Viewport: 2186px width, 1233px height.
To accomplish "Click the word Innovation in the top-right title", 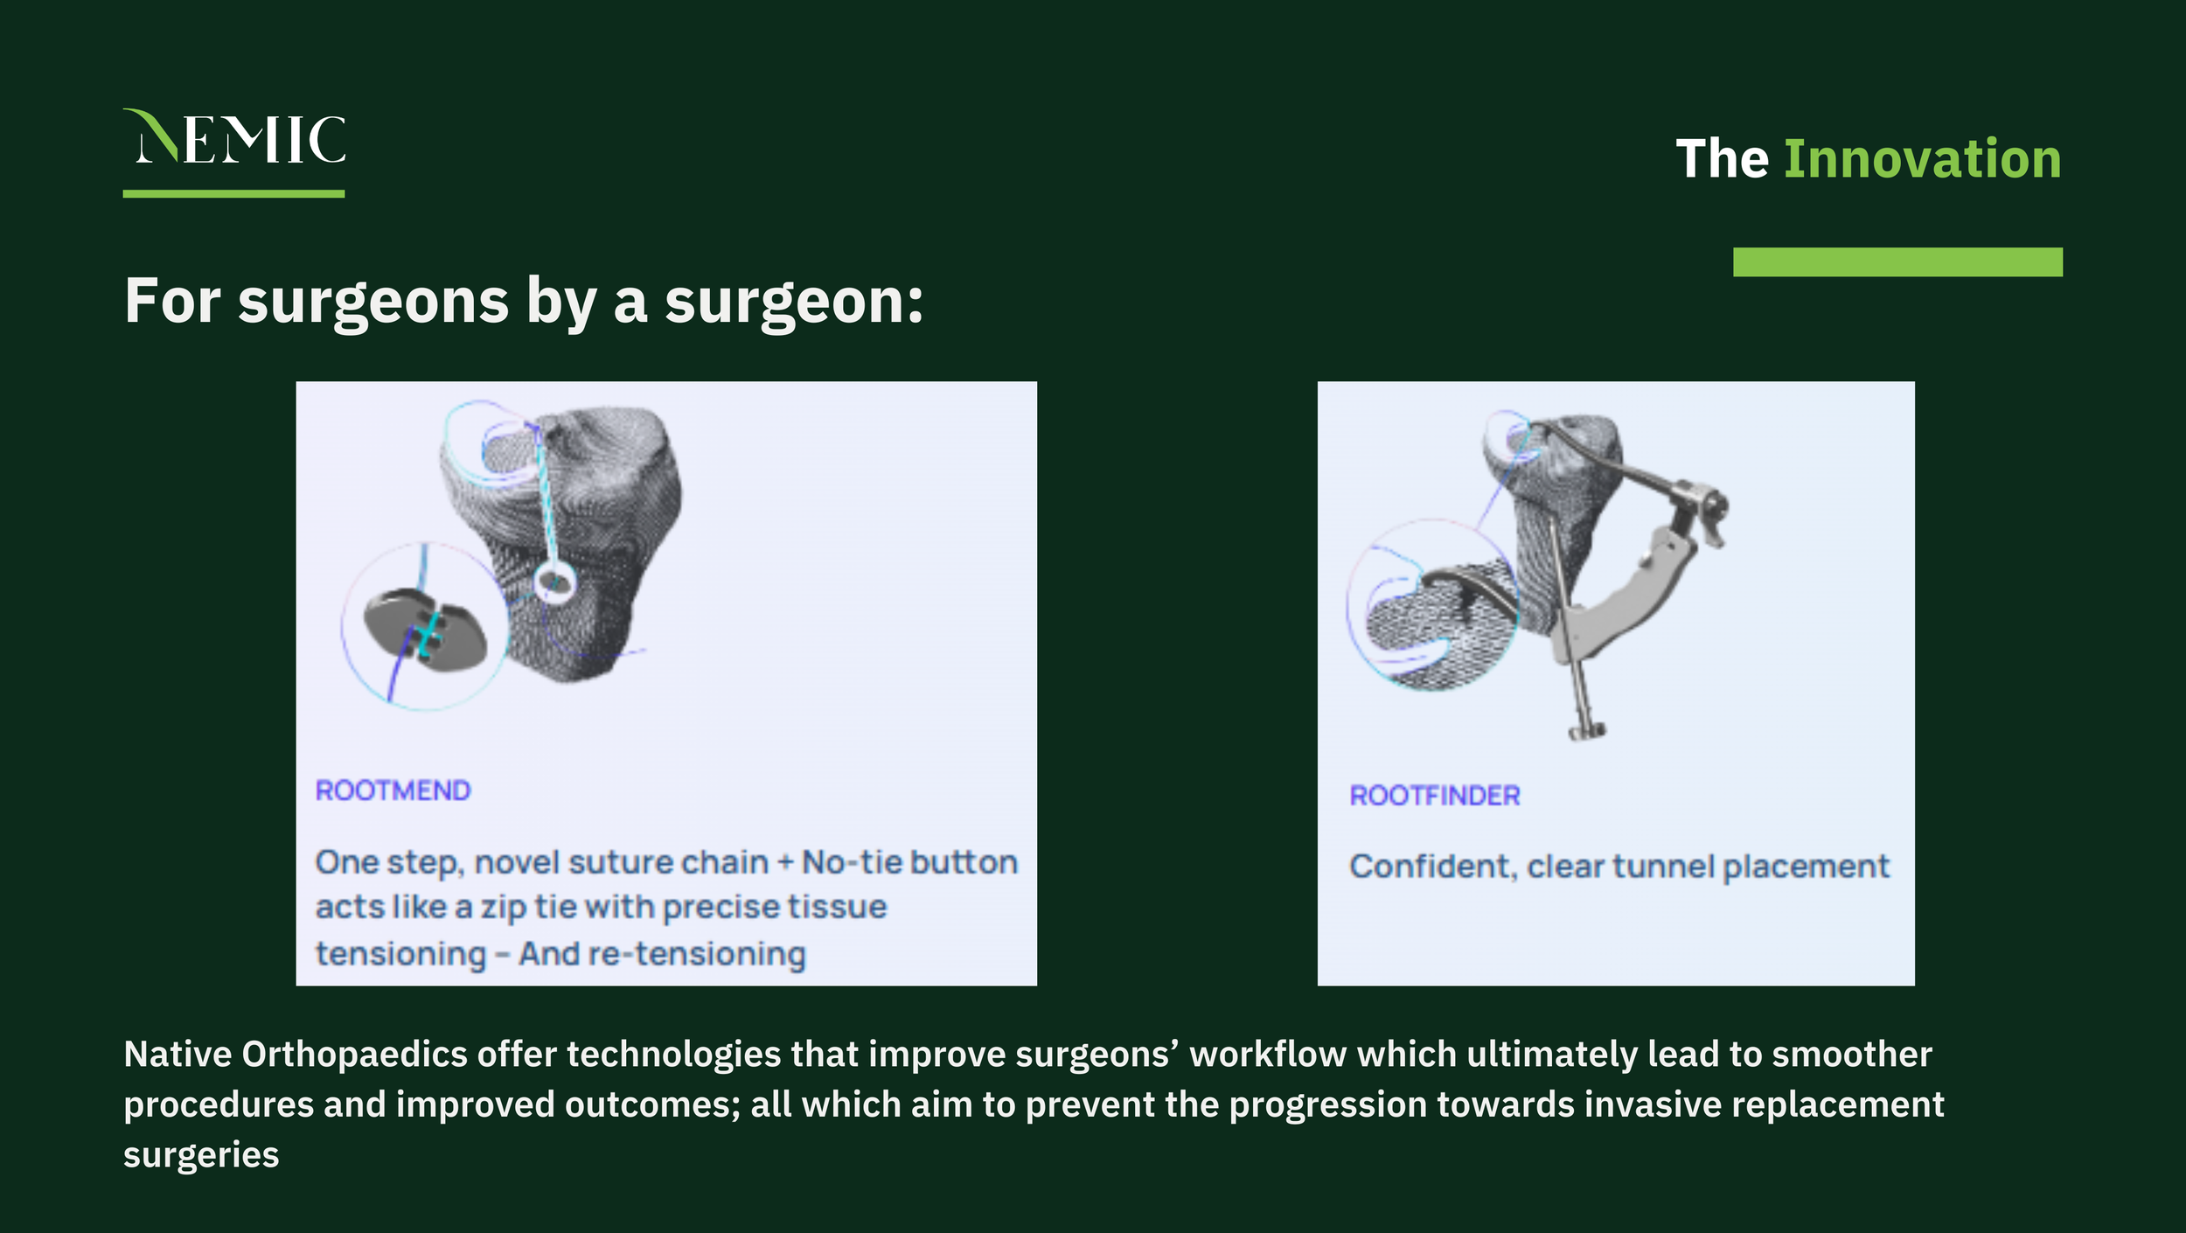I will tap(1922, 159).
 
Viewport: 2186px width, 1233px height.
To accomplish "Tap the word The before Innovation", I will tap(1722, 159).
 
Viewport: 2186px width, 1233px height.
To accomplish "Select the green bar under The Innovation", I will tap(1897, 261).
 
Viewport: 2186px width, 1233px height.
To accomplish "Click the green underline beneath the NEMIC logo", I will tap(233, 193).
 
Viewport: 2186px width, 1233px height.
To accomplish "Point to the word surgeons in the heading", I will tap(373, 303).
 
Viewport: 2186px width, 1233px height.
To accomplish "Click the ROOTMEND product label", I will tap(393, 791).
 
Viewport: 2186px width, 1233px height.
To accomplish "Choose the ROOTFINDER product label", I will tap(1435, 796).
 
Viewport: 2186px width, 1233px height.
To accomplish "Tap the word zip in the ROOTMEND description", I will tap(503, 908).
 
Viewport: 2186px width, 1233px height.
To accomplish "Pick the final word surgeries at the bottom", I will tap(201, 1154).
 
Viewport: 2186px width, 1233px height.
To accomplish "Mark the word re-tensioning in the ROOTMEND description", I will tap(696, 954).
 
